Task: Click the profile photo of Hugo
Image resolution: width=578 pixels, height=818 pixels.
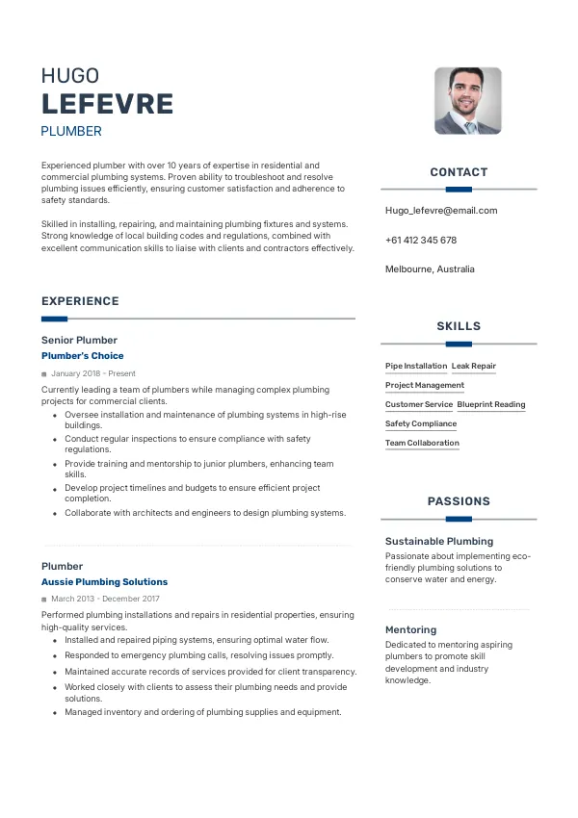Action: tap(467, 100)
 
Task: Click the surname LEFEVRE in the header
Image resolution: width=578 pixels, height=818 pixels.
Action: tap(107, 104)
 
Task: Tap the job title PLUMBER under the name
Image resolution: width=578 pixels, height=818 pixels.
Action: tap(71, 131)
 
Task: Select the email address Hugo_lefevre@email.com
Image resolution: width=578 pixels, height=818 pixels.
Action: tap(441, 210)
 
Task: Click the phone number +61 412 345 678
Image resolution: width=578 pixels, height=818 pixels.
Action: tap(421, 240)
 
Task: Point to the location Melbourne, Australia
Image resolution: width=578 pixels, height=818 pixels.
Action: tap(430, 269)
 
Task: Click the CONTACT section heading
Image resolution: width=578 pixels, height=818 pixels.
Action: tap(459, 172)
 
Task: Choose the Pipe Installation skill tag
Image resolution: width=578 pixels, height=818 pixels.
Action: tap(416, 366)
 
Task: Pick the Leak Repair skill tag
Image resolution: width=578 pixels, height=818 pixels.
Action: tap(474, 366)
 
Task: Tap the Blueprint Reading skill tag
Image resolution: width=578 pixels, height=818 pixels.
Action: tap(491, 404)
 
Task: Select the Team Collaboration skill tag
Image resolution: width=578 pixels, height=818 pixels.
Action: tap(422, 443)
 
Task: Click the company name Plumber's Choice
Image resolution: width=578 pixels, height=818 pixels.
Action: tap(82, 356)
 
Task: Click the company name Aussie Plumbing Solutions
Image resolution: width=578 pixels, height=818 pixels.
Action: tap(104, 582)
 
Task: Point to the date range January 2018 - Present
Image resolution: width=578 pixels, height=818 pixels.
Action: tap(93, 373)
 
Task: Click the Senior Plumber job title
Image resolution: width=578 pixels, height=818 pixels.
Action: tap(79, 340)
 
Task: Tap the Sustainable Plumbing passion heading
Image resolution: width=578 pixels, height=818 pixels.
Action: tap(439, 541)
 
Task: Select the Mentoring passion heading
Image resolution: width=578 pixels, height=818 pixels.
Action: tap(411, 630)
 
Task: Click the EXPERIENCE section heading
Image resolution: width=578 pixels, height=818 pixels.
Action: tap(80, 301)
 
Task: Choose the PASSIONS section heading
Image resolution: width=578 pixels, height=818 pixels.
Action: tap(459, 501)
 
